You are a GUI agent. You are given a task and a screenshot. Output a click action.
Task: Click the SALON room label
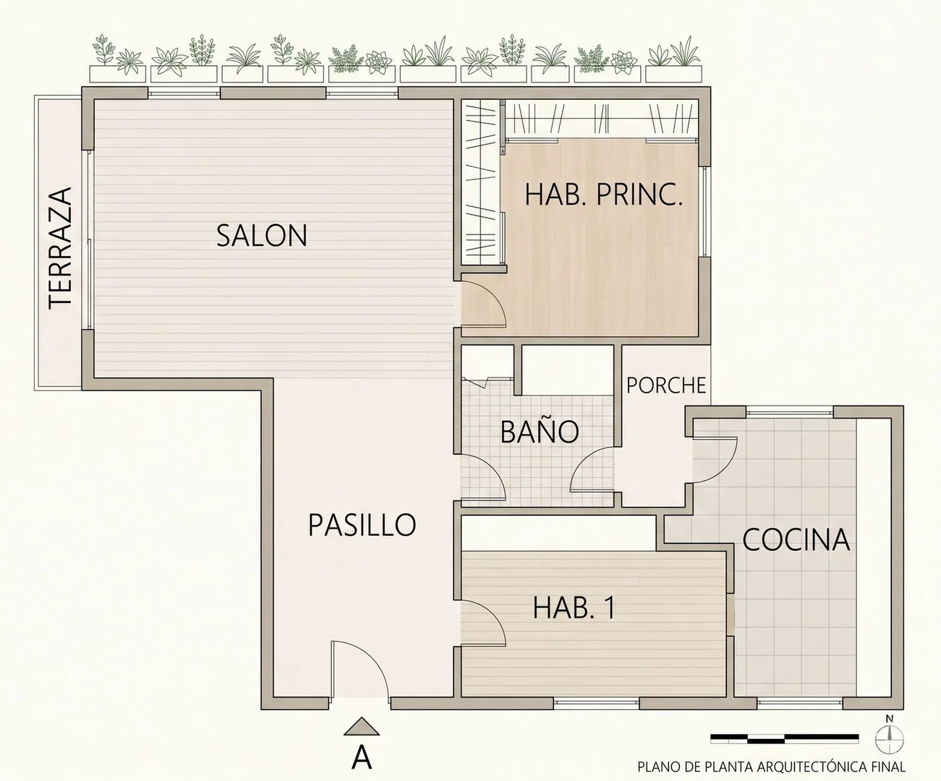(262, 235)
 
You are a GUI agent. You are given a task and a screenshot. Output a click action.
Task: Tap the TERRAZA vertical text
(60, 248)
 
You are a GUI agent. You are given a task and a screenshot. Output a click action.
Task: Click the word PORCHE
(666, 385)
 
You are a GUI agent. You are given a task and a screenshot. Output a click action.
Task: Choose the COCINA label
(796, 540)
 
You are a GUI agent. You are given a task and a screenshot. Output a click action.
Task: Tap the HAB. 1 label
(574, 607)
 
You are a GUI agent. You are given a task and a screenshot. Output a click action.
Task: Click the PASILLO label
(362, 524)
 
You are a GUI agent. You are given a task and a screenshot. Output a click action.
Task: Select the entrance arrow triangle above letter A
(362, 726)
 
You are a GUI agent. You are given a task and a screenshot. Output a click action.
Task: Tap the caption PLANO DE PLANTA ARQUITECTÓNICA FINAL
(771, 766)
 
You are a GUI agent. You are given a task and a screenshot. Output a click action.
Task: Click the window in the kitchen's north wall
(790, 410)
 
